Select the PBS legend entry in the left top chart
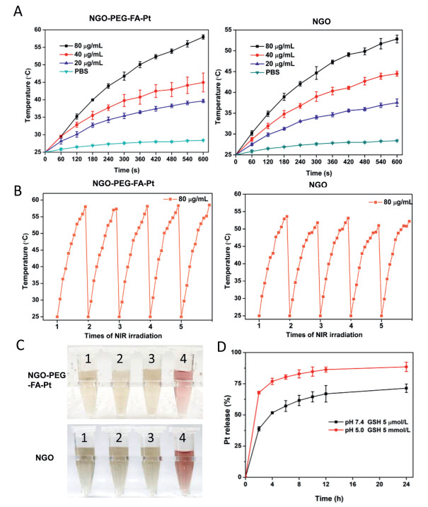coord(86,70)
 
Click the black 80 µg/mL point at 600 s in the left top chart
coord(203,37)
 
